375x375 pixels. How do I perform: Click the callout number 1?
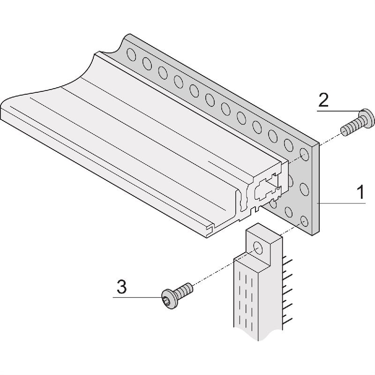pos(360,193)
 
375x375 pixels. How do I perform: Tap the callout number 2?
pos(323,100)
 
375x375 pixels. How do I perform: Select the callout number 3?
pos(121,287)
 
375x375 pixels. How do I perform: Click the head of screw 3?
pos(169,299)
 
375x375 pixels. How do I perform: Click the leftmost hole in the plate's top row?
pos(132,56)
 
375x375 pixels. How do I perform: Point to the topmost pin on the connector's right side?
pos(287,261)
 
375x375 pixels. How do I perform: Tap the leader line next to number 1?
pos(342,203)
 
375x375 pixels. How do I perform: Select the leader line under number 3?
pos(136,298)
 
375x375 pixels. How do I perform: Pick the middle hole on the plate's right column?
pos(304,189)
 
